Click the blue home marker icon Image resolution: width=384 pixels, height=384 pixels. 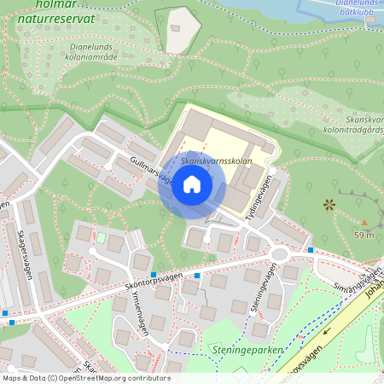[x=191, y=184]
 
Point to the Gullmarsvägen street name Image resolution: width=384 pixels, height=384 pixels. [x=150, y=170]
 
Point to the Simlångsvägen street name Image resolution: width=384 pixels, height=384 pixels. [x=357, y=281]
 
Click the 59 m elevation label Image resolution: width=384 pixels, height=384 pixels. [x=365, y=236]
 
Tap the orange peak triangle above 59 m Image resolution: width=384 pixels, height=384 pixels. [x=365, y=222]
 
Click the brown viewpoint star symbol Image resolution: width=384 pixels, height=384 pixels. [x=329, y=204]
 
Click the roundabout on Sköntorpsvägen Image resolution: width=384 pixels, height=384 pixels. [x=278, y=253]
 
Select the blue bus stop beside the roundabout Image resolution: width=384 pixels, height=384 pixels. [x=311, y=250]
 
